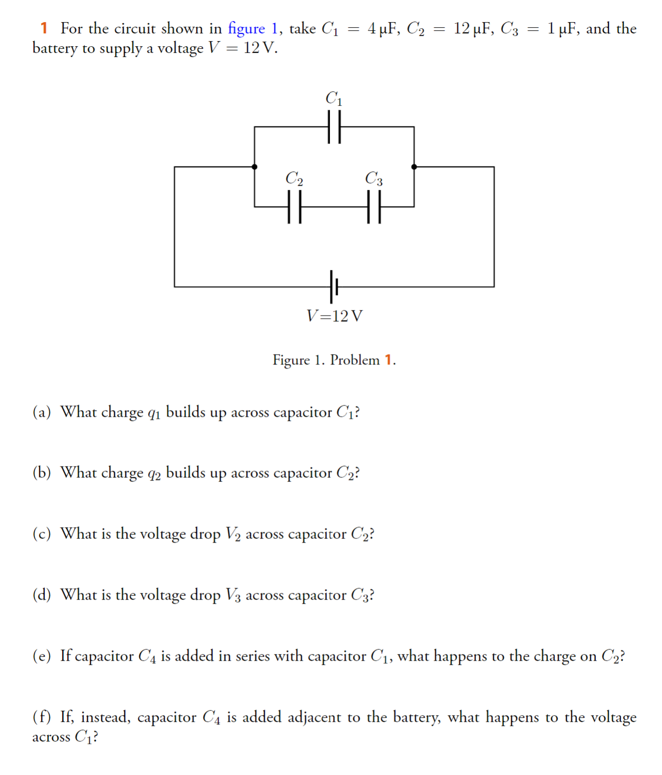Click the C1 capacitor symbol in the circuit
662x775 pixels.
click(x=334, y=127)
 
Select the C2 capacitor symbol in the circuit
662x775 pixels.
click(x=294, y=207)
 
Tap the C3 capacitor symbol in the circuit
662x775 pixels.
click(x=374, y=207)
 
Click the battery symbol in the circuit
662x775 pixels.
click(x=334, y=286)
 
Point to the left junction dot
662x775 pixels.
click(x=255, y=167)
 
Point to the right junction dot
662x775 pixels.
click(x=414, y=167)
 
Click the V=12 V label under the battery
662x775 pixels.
click(x=335, y=316)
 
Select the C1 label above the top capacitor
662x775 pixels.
click(x=334, y=98)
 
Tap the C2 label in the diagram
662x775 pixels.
click(x=294, y=178)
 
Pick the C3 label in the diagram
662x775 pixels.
click(x=374, y=178)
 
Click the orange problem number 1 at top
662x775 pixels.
click(x=44, y=28)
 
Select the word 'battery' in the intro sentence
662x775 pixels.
click(x=54, y=48)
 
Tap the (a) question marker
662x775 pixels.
click(x=42, y=412)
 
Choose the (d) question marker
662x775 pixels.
click(x=42, y=595)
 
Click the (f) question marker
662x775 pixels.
click(x=42, y=716)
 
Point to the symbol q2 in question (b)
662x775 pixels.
click(x=154, y=474)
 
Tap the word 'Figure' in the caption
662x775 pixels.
click(x=291, y=360)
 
